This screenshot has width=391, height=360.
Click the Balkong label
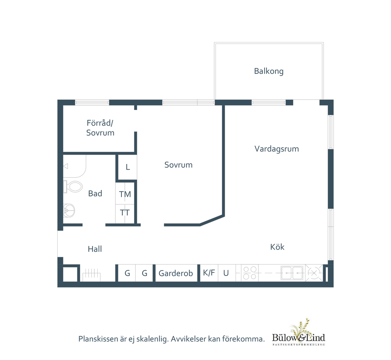(268, 71)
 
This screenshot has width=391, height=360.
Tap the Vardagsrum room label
(276, 149)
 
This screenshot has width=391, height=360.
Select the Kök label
(277, 247)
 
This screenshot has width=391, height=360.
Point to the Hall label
(95, 249)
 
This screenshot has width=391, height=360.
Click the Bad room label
(95, 193)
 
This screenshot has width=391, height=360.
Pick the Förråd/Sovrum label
(100, 128)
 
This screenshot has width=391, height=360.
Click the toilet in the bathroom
(73, 186)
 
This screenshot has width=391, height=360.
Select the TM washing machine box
(125, 194)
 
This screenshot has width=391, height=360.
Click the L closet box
(128, 167)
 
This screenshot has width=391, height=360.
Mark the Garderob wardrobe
(176, 273)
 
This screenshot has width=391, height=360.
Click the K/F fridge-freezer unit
(209, 273)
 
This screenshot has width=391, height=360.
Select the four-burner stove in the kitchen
(250, 273)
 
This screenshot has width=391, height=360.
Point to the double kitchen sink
(292, 273)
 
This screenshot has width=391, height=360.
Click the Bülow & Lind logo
(299, 333)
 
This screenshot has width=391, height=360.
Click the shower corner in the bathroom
(74, 166)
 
